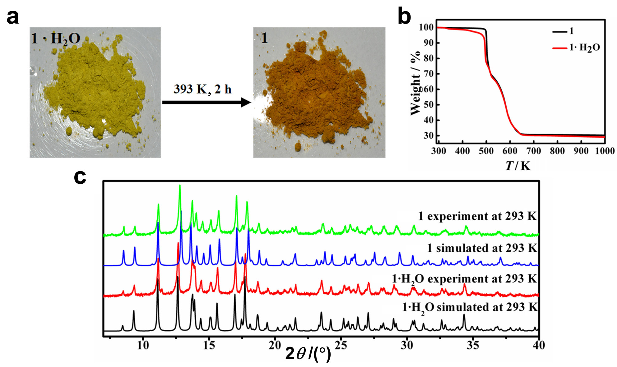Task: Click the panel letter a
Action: (12, 17)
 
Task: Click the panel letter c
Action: (80, 177)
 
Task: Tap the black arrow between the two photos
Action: (206, 102)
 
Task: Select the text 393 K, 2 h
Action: (202, 89)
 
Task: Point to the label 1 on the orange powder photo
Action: (264, 38)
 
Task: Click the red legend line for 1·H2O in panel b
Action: (559, 48)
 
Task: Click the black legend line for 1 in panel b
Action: (559, 31)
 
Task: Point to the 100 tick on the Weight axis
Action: (426, 27)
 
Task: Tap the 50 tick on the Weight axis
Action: (428, 105)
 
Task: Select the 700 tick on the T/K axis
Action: (533, 151)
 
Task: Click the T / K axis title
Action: (517, 166)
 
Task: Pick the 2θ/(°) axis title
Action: (308, 354)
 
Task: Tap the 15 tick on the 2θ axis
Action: (209, 345)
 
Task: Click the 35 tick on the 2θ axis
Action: (473, 345)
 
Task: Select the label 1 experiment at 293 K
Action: (477, 216)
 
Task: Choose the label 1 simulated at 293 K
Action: (482, 248)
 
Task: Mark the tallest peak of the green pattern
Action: (180, 186)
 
